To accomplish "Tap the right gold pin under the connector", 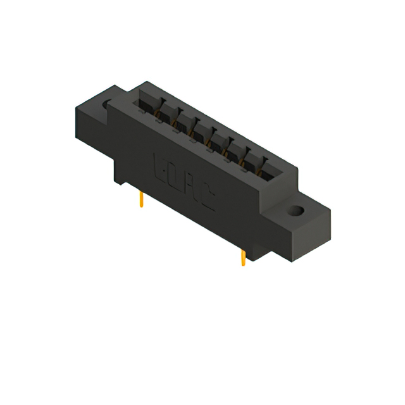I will click(x=243, y=258).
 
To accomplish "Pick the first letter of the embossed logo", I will click(x=161, y=166).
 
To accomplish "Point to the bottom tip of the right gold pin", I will click(x=243, y=265).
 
